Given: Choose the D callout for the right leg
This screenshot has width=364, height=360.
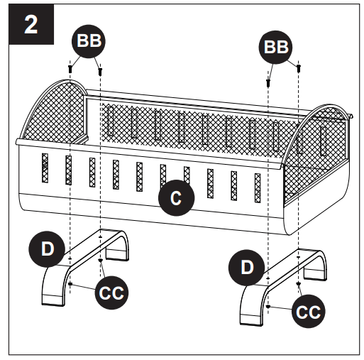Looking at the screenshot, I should point(246,268).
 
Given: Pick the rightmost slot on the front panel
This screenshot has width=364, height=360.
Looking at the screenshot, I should point(258,187).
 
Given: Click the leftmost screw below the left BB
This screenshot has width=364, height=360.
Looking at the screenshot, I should point(71,68).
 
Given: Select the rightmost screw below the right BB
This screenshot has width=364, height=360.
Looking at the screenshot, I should point(299,67).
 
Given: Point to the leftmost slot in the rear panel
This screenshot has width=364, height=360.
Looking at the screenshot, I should point(111,121).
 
